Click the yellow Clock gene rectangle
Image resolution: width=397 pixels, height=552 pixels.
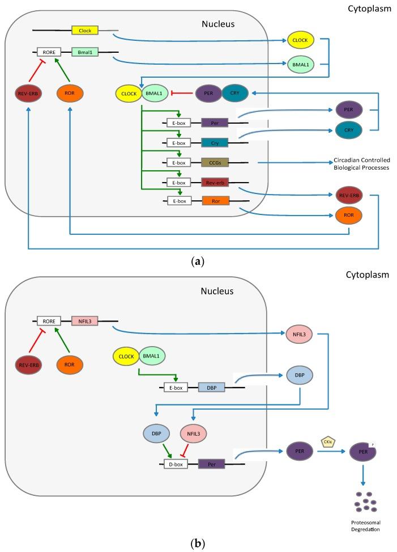click(85, 30)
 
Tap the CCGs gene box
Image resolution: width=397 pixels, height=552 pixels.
click(215, 163)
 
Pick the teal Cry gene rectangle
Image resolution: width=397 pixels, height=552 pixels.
click(215, 142)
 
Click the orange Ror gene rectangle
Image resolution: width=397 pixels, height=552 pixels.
click(215, 200)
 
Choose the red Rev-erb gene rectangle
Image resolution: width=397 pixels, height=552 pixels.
click(215, 183)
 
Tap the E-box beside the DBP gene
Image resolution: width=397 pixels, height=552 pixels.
click(175, 387)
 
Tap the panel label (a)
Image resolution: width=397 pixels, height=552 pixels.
click(198, 262)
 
